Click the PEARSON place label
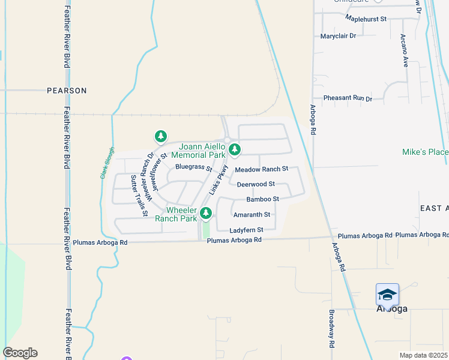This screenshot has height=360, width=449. [67, 91]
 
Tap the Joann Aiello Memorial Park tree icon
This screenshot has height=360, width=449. [235, 149]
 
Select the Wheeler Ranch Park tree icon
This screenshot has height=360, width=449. [206, 212]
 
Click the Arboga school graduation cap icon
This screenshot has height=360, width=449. [387, 294]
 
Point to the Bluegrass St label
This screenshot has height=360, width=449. [193, 167]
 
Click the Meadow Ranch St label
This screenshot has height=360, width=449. [261, 170]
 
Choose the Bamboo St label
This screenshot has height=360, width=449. [262, 199]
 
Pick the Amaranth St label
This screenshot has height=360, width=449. [252, 214]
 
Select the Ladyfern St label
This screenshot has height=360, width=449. [246, 230]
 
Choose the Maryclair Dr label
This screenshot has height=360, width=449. [338, 36]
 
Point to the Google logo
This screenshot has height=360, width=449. [20, 353]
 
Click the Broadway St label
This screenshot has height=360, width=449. [331, 329]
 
